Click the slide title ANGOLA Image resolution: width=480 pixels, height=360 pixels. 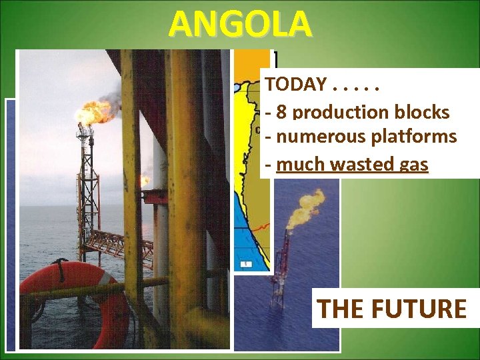[239, 24]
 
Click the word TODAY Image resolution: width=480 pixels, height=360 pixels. [296, 85]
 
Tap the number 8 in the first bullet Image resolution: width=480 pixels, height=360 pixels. [281, 112]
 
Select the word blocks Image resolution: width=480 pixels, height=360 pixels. [421, 112]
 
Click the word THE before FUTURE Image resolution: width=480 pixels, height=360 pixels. [339, 309]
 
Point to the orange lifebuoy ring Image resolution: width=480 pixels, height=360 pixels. [73, 293]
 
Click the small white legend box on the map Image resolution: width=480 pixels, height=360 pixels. [247, 264]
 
